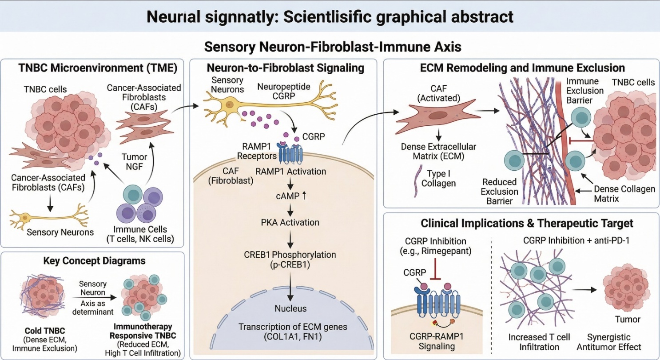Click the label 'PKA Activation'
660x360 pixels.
point(290,222)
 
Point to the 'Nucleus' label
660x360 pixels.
point(290,308)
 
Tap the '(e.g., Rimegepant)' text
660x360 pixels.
point(441,251)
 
